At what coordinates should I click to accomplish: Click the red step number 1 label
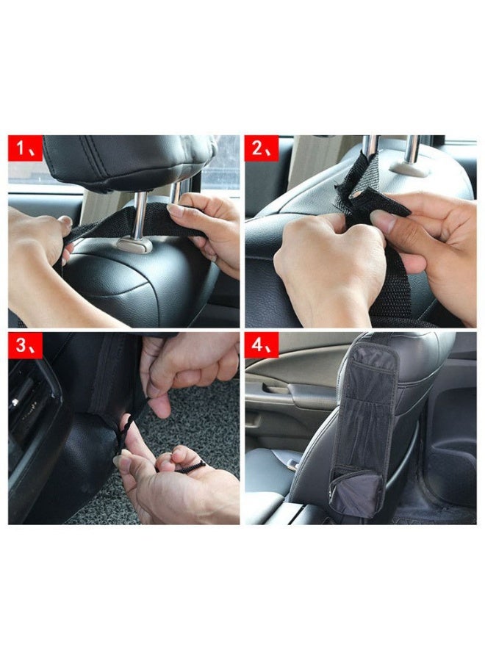tap(25, 148)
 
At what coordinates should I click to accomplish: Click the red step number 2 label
tap(262, 148)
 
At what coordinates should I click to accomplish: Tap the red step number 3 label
tap(25, 345)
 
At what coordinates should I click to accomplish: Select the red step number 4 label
tap(262, 345)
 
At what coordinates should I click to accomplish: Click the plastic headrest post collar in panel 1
tap(135, 244)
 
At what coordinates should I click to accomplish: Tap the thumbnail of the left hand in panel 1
tap(65, 220)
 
